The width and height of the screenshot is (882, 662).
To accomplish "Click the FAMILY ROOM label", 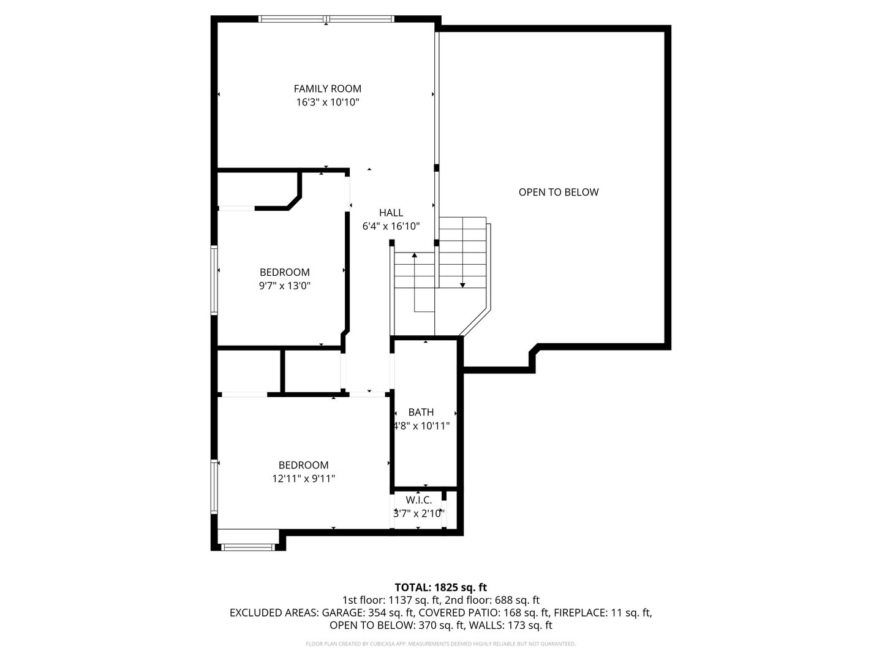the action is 327,88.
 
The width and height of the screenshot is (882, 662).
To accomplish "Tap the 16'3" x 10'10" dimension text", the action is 327,102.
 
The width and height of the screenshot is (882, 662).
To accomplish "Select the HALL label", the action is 391,213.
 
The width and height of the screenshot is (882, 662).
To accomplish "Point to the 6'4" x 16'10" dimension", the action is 391,226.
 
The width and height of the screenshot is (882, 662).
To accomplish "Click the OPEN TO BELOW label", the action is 559,192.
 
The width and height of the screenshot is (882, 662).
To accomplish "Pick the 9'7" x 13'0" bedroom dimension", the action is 284,286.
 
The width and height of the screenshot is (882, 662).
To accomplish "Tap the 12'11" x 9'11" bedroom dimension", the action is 303,479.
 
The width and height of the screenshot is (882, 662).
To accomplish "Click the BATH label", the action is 421,412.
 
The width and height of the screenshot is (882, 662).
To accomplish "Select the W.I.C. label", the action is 419,500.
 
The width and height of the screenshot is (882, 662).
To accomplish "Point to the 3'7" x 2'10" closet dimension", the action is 419,513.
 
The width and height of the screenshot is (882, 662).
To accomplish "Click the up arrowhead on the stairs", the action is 414,255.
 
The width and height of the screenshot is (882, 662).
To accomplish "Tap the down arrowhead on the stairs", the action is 462,286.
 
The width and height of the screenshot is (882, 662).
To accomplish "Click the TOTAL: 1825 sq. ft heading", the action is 441,587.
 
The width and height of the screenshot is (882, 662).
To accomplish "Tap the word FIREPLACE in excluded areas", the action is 581,612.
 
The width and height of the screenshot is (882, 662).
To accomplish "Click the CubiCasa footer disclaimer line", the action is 441,644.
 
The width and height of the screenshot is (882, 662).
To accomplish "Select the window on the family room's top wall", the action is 326,18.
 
